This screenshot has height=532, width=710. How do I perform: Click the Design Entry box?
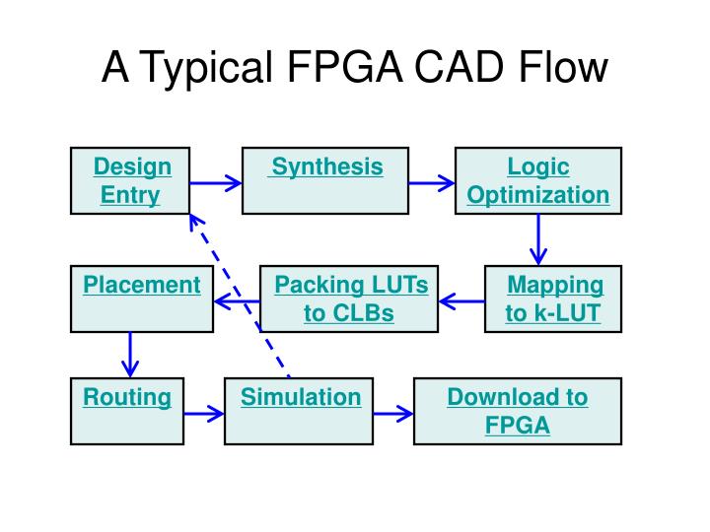(x=130, y=180)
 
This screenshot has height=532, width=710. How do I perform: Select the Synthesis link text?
(x=326, y=166)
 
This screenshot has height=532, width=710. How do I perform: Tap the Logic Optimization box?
(x=537, y=180)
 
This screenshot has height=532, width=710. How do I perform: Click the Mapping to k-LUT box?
(x=553, y=299)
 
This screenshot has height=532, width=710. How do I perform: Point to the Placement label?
(x=142, y=286)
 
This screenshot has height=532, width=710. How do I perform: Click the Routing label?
(x=126, y=398)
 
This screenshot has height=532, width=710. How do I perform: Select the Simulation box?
(x=300, y=410)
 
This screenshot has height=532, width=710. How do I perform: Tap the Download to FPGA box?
(x=517, y=410)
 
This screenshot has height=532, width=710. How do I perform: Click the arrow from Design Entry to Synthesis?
(x=215, y=182)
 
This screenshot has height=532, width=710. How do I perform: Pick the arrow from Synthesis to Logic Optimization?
(x=432, y=182)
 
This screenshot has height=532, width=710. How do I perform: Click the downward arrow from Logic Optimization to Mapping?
(x=538, y=239)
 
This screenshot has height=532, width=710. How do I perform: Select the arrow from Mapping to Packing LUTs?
(x=461, y=300)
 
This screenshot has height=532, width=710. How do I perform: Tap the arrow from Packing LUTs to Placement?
(x=237, y=300)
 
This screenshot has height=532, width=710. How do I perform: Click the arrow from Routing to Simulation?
(x=204, y=414)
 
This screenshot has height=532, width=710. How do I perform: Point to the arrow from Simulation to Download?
(x=393, y=414)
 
